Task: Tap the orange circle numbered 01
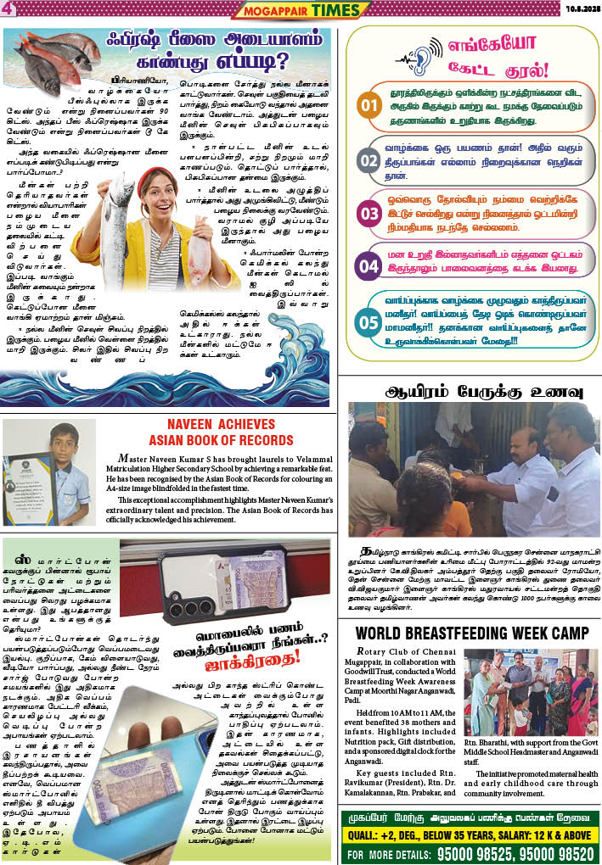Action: tap(368, 106)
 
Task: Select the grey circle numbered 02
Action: tap(368, 160)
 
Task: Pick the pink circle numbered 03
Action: tap(368, 214)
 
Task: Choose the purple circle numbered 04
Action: tap(368, 266)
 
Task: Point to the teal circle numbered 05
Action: tap(368, 321)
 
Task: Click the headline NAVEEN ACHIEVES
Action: tap(221, 425)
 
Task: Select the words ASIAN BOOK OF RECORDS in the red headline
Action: tap(221, 441)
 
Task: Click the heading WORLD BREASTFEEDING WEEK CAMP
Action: tap(471, 633)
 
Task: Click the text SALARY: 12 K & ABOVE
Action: tap(542, 834)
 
